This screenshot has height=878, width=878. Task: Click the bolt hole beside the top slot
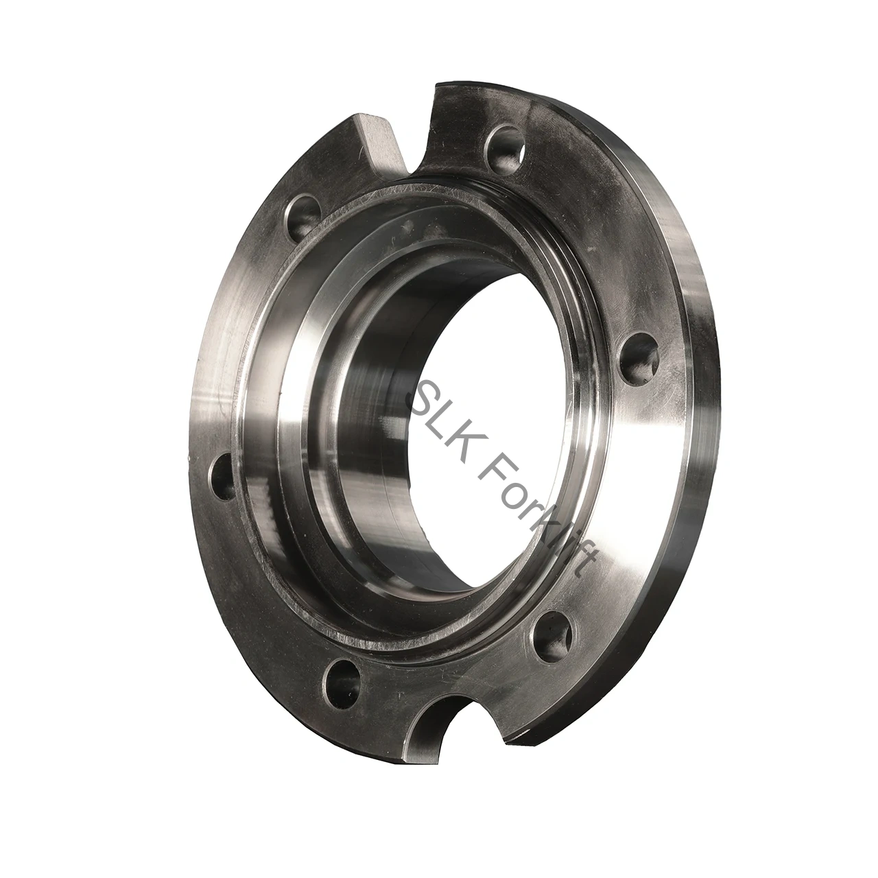point(504,147)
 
